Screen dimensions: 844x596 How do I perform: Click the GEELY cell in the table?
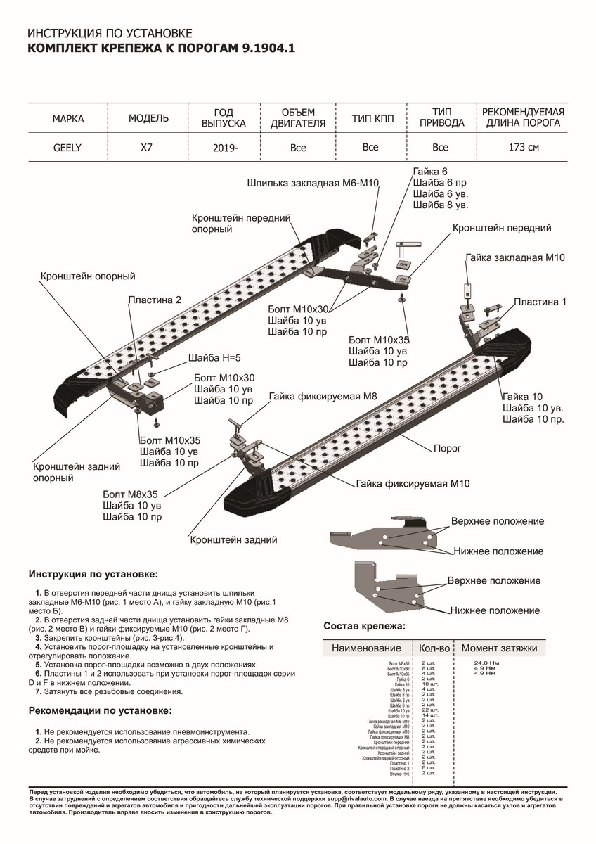(67, 148)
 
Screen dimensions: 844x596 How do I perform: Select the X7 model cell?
(148, 148)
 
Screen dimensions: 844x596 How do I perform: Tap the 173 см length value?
(524, 148)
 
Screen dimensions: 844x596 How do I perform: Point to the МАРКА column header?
(68, 119)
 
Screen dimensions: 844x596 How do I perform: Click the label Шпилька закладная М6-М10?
(313, 183)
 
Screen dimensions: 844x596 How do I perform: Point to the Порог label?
(448, 447)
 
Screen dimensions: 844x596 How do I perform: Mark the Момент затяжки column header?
(499, 648)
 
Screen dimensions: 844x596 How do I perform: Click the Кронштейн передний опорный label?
(241, 224)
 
